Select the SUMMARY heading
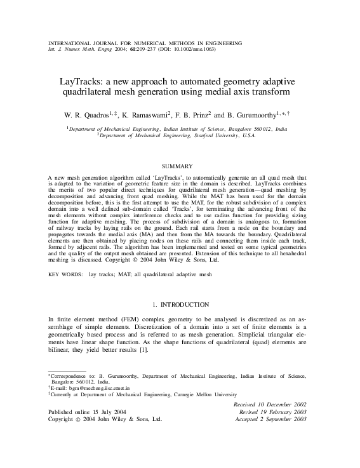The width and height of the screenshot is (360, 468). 180,166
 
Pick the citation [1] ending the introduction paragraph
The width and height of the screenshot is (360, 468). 143,350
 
